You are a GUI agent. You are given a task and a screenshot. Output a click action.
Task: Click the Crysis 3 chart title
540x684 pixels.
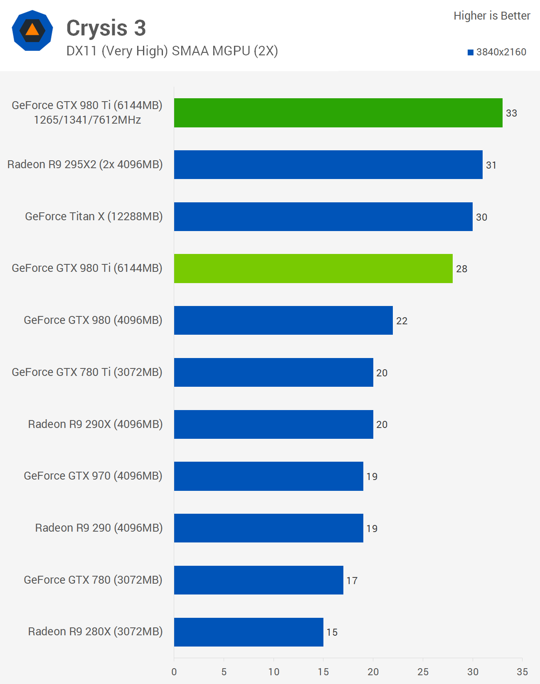coord(106,28)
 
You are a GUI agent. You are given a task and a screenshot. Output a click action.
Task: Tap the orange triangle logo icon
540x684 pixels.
coord(32,30)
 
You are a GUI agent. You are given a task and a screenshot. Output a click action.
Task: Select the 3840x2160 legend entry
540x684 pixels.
coord(497,52)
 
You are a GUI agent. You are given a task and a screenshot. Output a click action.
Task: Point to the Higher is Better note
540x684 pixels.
coord(492,16)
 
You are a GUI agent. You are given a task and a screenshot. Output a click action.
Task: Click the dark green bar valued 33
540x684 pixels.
coord(338,113)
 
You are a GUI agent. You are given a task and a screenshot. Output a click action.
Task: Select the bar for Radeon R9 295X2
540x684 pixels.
coord(328,165)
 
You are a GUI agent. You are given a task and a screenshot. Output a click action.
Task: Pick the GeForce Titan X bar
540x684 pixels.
coord(323,217)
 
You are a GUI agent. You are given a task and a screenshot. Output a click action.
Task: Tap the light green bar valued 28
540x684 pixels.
coord(313,269)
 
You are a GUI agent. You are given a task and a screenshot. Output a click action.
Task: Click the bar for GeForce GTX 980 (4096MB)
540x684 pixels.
coord(283,321)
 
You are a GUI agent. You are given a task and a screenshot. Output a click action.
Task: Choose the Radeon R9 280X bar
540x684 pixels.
coord(249,632)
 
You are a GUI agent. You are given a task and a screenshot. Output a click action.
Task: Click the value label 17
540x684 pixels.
coord(352,580)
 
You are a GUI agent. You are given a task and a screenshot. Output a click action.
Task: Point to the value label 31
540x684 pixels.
coord(491,165)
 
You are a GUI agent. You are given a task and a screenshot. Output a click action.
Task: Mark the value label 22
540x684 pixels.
coord(402,321)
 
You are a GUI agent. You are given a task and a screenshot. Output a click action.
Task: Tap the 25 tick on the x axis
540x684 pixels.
coord(423,672)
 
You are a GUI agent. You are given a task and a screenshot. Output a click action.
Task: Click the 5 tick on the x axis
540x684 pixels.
coord(224,672)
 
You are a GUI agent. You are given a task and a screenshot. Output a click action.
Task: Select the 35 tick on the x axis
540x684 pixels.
coord(522,672)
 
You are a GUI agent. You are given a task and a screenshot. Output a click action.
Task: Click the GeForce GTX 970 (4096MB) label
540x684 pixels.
coord(93,476)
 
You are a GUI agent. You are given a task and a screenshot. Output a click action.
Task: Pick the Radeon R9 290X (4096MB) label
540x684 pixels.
coord(95,424)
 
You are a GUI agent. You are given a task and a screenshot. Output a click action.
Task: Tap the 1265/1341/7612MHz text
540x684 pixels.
coord(87,120)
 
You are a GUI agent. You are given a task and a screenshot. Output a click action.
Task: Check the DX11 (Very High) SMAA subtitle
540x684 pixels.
coord(172,51)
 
